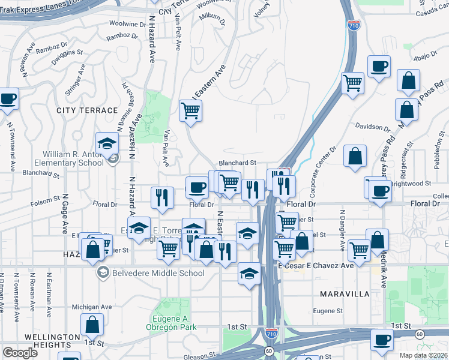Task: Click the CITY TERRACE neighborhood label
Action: [87, 111]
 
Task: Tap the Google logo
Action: [20, 353]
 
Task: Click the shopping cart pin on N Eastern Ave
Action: [191, 110]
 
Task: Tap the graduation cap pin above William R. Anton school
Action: [107, 143]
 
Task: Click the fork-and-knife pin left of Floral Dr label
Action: [161, 198]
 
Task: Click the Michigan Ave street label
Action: [92, 307]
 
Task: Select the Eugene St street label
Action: [327, 311]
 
